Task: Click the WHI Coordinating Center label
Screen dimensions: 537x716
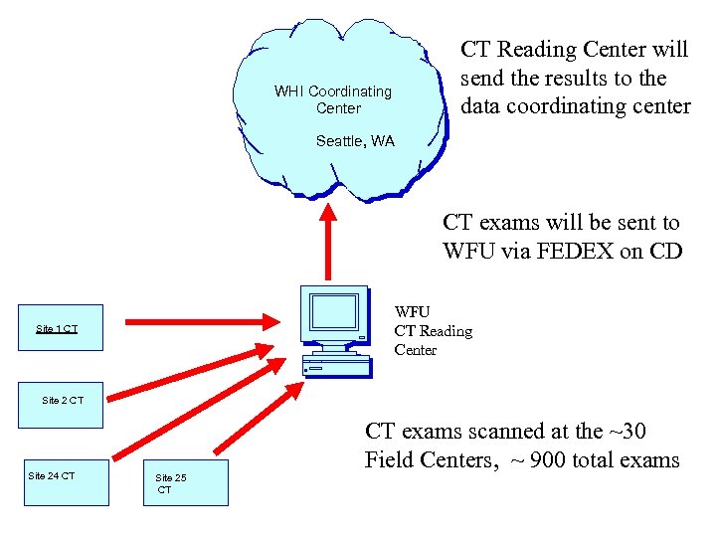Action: tap(333, 99)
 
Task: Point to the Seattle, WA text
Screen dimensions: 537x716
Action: tap(355, 141)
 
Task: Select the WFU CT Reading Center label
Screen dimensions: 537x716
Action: tap(433, 331)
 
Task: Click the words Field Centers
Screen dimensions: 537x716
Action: tap(424, 460)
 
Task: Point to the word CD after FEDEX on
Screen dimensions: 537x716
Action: tap(664, 252)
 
